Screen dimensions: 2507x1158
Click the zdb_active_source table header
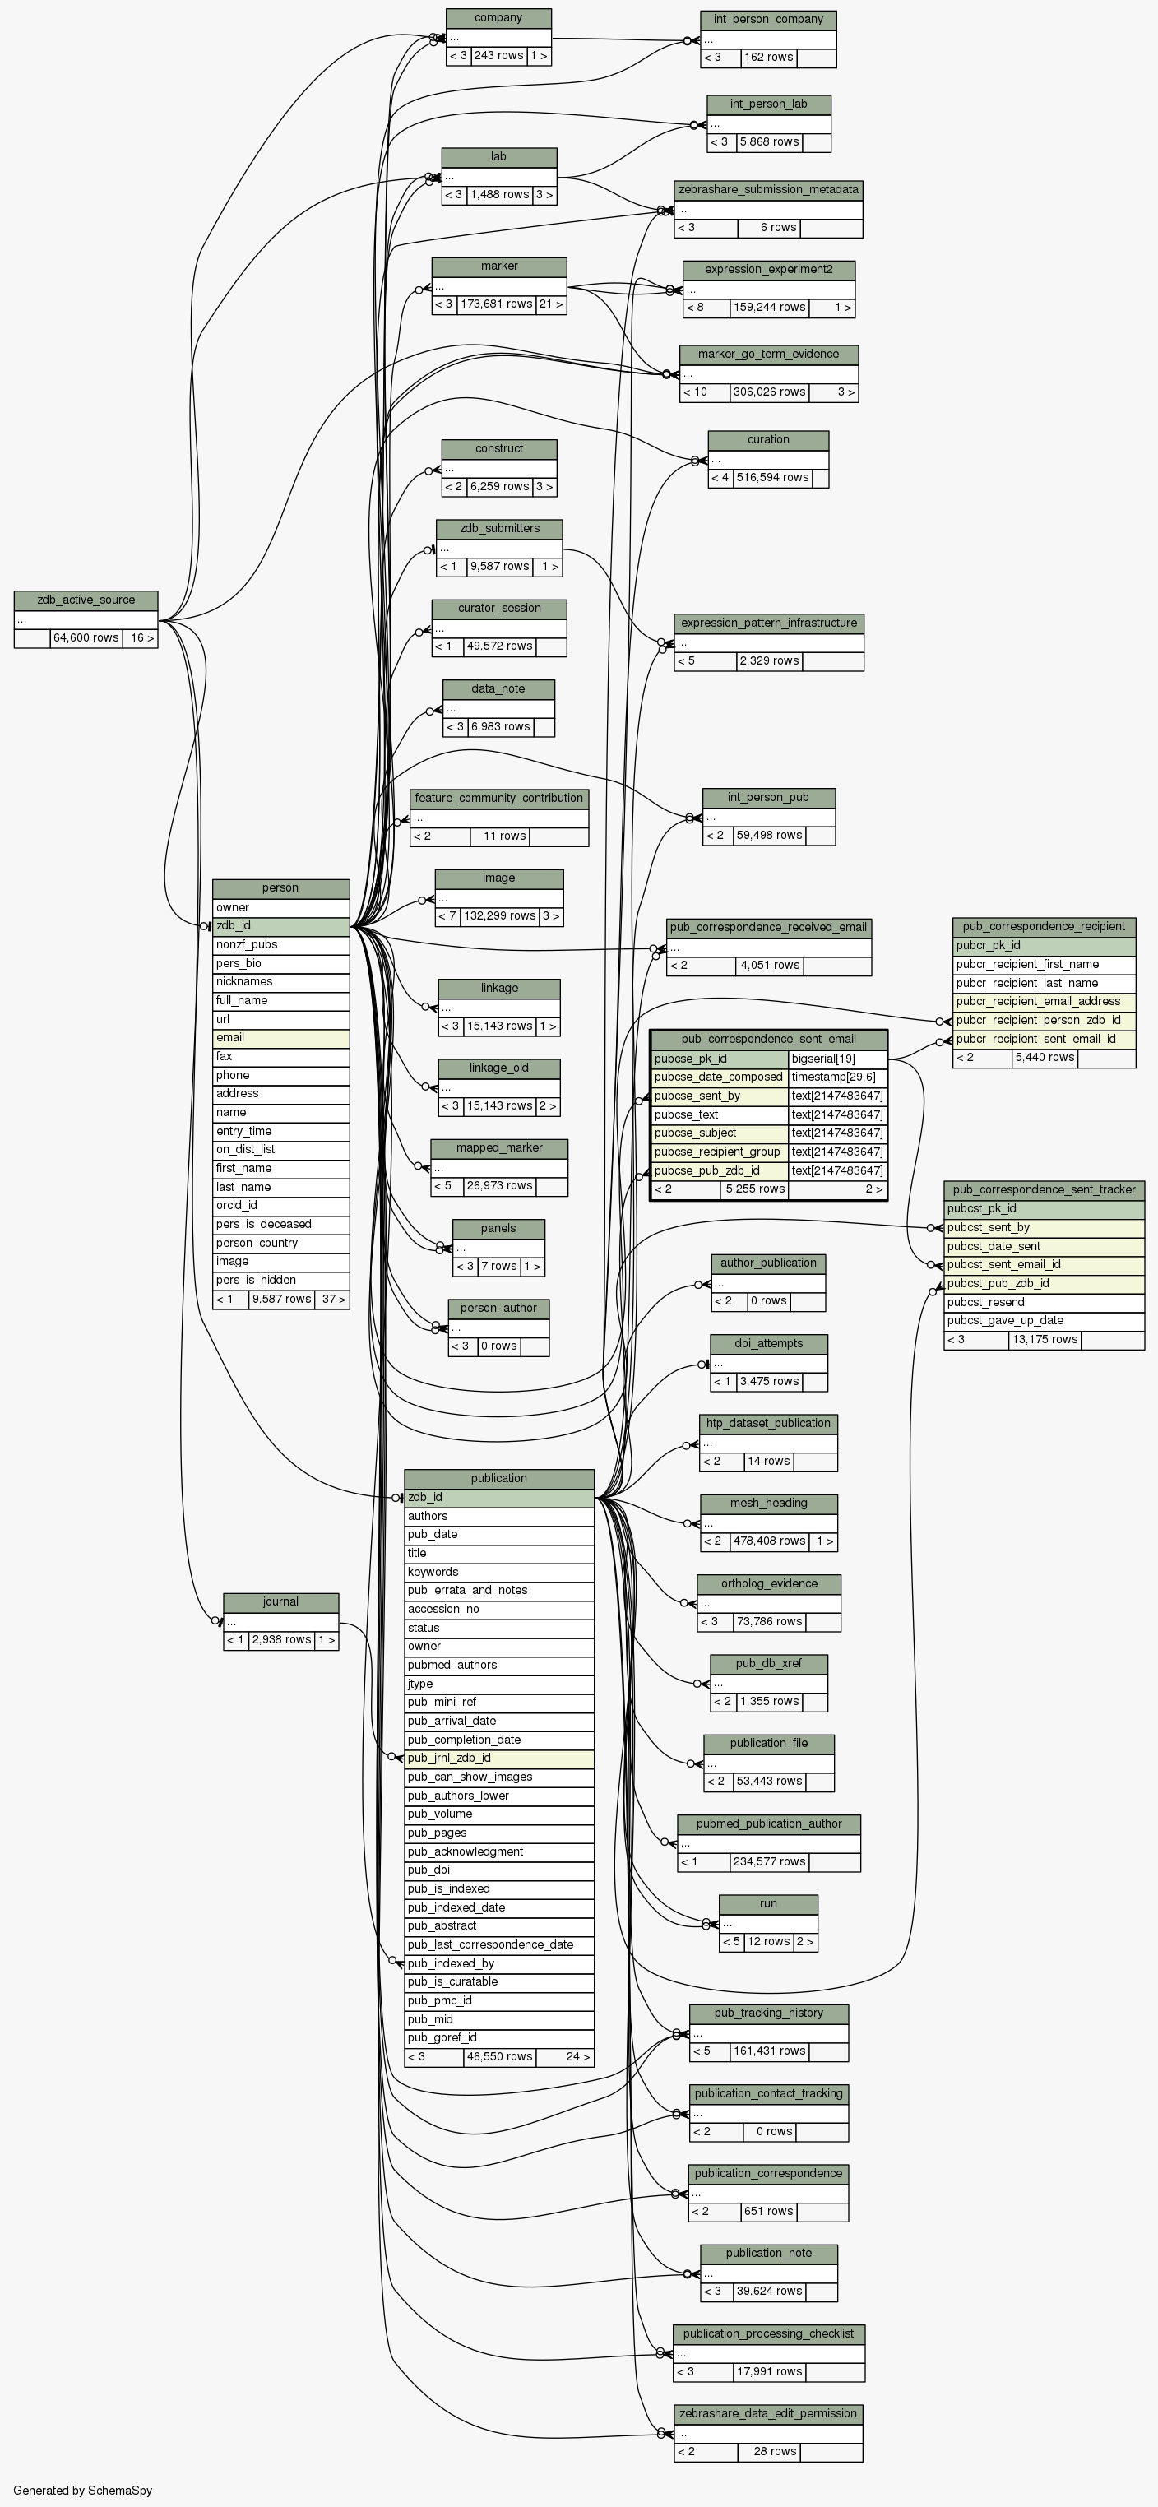(86, 600)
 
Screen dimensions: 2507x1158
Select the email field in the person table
(280, 1037)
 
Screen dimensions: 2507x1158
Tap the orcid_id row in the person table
(280, 1205)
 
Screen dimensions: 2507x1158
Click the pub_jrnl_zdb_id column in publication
(498, 1758)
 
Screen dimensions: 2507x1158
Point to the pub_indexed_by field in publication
(498, 1963)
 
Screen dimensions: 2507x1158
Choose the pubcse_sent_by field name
(719, 1096)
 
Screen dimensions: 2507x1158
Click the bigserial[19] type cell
(837, 1059)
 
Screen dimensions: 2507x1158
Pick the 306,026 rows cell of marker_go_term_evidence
(769, 392)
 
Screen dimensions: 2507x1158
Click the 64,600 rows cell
(86, 638)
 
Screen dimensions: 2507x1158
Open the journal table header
(280, 1602)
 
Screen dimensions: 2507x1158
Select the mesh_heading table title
(768, 1503)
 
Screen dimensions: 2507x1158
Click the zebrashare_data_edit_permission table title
(768, 2413)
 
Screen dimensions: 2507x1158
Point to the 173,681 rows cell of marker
(496, 304)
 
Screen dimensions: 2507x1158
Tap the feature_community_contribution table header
(498, 798)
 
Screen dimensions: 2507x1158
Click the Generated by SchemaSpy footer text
(83, 2491)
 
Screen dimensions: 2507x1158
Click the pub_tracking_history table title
(768, 2013)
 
